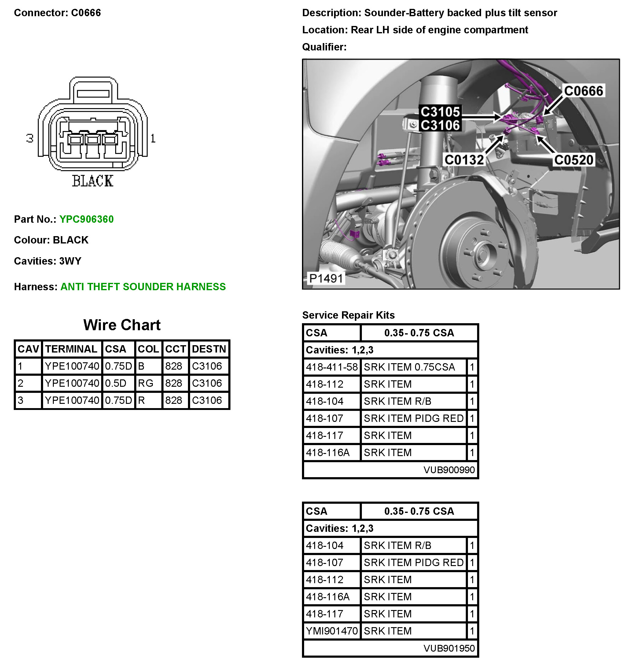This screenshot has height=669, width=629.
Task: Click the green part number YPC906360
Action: pyautogui.click(x=86, y=219)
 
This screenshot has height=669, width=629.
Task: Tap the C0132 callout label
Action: pyautogui.click(x=464, y=159)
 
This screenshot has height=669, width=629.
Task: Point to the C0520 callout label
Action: pyautogui.click(x=573, y=159)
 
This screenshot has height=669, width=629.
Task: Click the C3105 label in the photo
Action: pyautogui.click(x=440, y=112)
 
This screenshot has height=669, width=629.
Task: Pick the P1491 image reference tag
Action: pyautogui.click(x=326, y=278)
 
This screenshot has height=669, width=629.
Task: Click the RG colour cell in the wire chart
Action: pyautogui.click(x=145, y=383)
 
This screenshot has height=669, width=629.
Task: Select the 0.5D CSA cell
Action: pyautogui.click(x=116, y=383)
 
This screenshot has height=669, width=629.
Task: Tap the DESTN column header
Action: pyautogui.click(x=209, y=349)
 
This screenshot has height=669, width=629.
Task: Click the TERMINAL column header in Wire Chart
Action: pyautogui.click(x=72, y=349)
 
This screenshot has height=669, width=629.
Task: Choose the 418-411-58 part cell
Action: pyautogui.click(x=332, y=367)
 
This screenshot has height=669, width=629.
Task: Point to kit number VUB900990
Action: pyautogui.click(x=449, y=470)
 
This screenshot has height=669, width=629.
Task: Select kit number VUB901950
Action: pyautogui.click(x=449, y=648)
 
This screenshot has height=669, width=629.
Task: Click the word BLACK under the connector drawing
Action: pyautogui.click(x=93, y=181)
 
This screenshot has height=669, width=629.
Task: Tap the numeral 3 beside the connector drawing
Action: pyautogui.click(x=30, y=138)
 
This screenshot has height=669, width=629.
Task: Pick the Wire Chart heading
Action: pyautogui.click(x=122, y=325)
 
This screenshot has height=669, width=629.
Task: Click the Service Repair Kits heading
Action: pyautogui.click(x=348, y=315)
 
